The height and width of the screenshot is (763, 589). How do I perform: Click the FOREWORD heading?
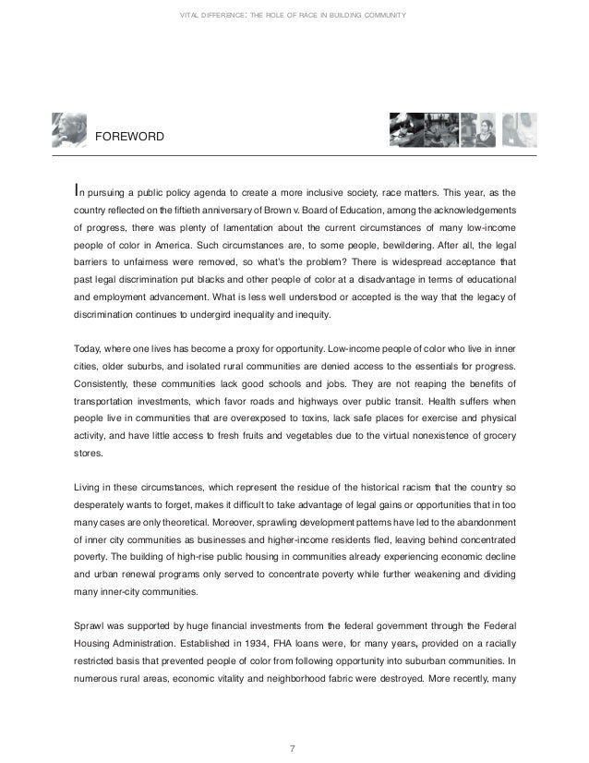pos(130,137)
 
